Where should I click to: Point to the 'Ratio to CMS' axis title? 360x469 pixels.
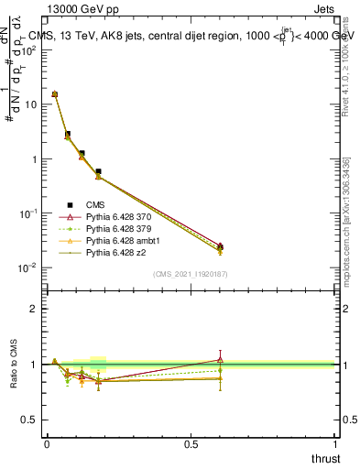15,365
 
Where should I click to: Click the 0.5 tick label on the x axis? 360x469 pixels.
191,443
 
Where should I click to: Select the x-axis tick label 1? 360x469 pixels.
335,443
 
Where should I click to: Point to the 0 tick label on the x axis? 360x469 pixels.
47,443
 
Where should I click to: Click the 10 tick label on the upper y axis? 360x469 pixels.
29,104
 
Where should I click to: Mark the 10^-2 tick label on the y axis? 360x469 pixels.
27,267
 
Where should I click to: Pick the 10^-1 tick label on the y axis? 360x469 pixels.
27,213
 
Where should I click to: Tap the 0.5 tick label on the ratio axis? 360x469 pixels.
28,420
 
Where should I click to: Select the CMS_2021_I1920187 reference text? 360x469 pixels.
190,274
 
